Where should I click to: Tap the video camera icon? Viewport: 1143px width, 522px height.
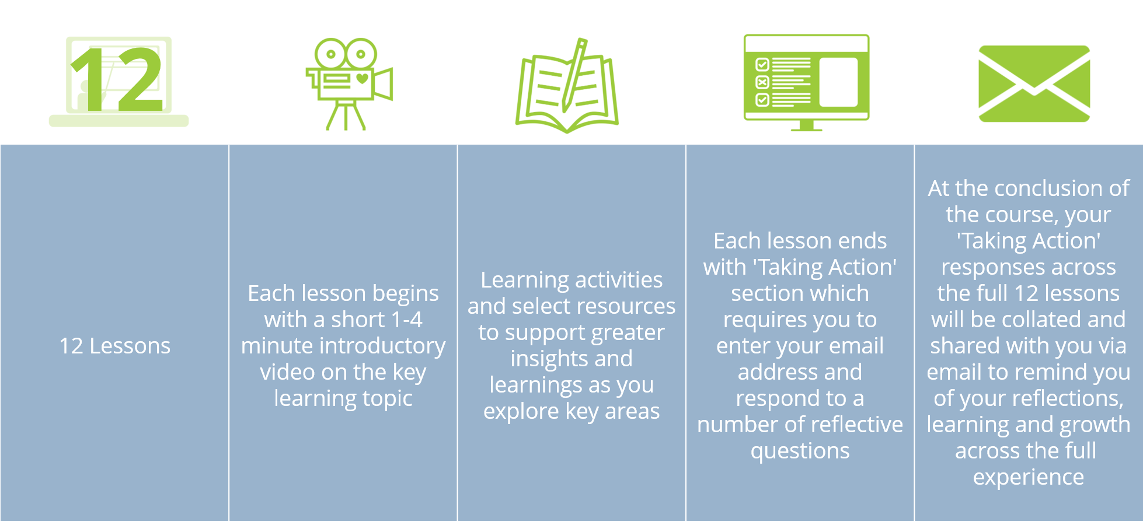point(349,83)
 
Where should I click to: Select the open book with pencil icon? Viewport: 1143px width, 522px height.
point(567,85)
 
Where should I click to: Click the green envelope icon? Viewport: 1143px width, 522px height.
point(1034,83)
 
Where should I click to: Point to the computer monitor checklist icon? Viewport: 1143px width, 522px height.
point(806,82)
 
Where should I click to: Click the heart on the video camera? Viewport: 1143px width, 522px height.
point(363,78)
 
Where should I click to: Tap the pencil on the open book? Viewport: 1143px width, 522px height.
point(573,75)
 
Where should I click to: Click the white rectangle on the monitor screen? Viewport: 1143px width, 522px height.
point(838,82)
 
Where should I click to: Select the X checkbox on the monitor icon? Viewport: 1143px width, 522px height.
point(762,82)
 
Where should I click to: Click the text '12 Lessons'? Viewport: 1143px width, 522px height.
point(115,346)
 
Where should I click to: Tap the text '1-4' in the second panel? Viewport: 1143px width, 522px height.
point(406,320)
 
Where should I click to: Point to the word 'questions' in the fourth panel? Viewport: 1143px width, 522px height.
point(800,451)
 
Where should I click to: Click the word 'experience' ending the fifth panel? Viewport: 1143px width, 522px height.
point(1029,478)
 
